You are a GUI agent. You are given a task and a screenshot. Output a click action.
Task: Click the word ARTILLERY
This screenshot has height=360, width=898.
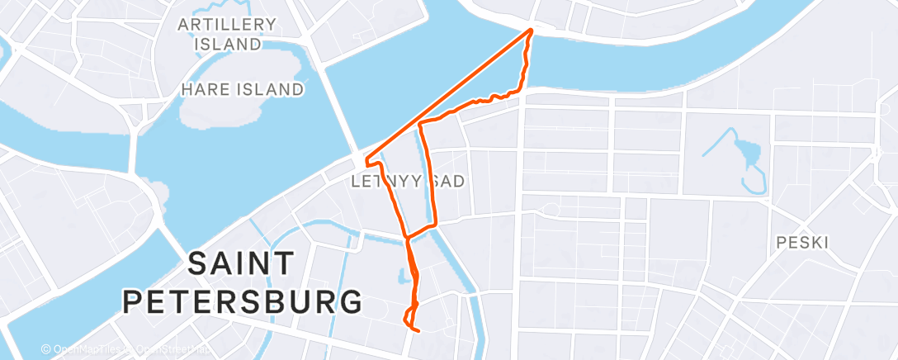click(220, 25)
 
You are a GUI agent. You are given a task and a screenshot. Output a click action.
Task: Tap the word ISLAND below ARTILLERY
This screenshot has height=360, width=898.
click(228, 45)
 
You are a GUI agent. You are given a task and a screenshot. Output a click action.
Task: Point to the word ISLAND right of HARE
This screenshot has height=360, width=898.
click(270, 89)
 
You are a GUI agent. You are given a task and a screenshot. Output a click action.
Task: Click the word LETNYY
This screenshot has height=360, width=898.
click(386, 180)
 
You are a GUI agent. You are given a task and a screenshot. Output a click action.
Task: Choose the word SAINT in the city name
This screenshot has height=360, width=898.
click(240, 265)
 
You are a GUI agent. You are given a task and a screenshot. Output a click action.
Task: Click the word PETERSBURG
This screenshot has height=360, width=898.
click(243, 301)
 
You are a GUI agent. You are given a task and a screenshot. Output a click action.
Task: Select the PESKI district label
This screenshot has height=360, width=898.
click(802, 243)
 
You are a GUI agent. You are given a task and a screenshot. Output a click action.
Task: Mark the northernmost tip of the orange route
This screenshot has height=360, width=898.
click(530, 31)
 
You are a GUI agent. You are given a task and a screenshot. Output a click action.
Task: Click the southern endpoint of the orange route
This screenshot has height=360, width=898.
click(420, 332)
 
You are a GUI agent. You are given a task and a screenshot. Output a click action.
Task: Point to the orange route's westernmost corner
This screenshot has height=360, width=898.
click(366, 155)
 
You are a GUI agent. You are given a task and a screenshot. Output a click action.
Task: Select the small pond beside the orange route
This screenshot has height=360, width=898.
click(403, 273)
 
